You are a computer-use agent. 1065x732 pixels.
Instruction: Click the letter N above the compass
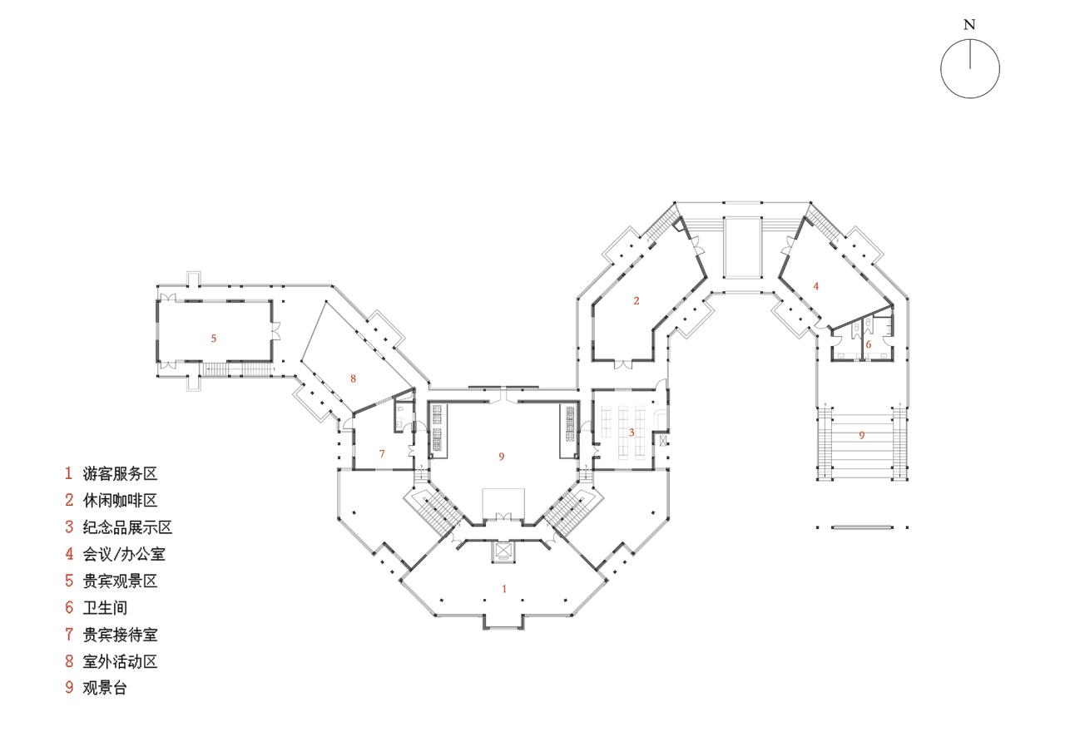(969, 25)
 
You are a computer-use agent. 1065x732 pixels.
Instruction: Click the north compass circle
(970, 69)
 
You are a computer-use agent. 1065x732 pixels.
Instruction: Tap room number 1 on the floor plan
(503, 589)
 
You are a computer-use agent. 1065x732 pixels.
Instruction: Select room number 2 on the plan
(637, 300)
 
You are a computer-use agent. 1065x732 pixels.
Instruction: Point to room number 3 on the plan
(632, 432)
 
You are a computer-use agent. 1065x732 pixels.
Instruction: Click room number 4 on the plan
(816, 285)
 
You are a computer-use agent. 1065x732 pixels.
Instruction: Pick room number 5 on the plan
(214, 338)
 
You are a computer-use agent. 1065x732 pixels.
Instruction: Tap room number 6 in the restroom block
(868, 344)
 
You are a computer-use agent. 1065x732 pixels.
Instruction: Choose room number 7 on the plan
(382, 453)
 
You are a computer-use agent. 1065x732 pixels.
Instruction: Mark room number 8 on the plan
(353, 378)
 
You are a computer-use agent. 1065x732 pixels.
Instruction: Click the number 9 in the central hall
(502, 456)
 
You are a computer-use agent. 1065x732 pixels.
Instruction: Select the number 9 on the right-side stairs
(861, 434)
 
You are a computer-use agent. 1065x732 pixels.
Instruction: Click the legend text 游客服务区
(120, 474)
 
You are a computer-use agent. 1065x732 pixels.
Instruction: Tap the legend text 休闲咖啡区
(120, 501)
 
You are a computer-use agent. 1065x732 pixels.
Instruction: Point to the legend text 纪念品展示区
(127, 527)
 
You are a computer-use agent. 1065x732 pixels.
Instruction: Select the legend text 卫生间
(105, 608)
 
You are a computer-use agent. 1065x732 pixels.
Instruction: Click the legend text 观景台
(105, 689)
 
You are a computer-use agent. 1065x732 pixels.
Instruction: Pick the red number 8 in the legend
(70, 662)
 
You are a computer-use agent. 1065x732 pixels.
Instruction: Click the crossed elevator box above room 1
(504, 551)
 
